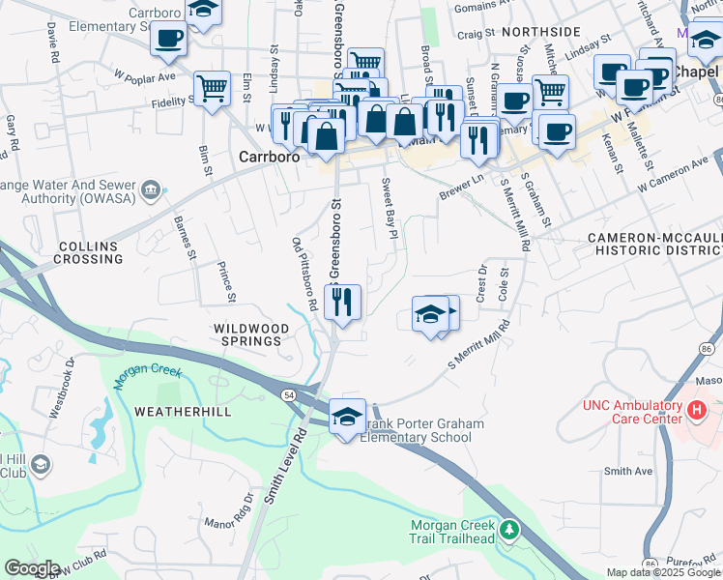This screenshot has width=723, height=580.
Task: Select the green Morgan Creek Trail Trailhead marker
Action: pos(511,530)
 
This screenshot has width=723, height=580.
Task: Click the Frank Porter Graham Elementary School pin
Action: pos(347,417)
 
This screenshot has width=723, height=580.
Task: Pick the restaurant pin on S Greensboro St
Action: pos(342,303)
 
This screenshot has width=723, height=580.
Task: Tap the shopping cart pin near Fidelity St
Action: pos(212,88)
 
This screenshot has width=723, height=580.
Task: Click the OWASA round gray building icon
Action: pos(150,188)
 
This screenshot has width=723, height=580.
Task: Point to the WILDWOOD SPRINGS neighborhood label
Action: pos(251,335)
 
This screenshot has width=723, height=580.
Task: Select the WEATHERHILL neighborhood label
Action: pos(180,412)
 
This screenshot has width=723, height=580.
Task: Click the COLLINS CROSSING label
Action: pos(90,253)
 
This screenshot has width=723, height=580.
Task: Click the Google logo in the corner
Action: pos(31,568)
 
